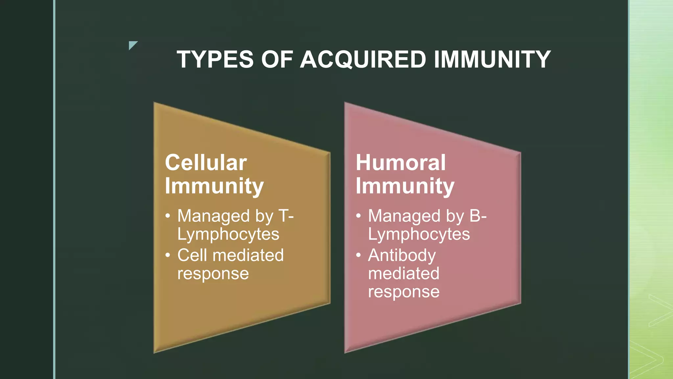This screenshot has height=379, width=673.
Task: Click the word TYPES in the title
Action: coord(215,60)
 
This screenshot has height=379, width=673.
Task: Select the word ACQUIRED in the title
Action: coord(363,60)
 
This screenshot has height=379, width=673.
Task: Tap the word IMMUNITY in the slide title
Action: coord(492,60)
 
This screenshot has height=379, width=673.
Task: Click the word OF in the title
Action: coord(277,60)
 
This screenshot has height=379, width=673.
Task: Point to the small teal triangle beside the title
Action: coord(132,45)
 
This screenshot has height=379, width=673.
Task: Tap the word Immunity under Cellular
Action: coord(214,186)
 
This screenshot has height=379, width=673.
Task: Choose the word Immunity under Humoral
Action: coord(405,186)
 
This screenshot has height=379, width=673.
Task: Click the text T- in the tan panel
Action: coord(286,216)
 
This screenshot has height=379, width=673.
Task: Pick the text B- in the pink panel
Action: coord(478,216)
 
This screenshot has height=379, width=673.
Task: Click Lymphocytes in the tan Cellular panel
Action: coord(228,234)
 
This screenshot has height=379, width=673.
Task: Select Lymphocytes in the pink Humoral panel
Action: coord(419,234)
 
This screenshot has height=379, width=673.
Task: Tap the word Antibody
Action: coord(402,256)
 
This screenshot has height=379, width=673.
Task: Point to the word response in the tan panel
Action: coord(213,274)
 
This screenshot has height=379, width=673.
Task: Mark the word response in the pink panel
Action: coord(404,292)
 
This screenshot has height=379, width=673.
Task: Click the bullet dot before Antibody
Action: coord(359,255)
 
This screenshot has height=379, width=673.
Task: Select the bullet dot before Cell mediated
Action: coord(168,255)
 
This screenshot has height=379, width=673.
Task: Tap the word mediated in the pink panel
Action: coord(404,273)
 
